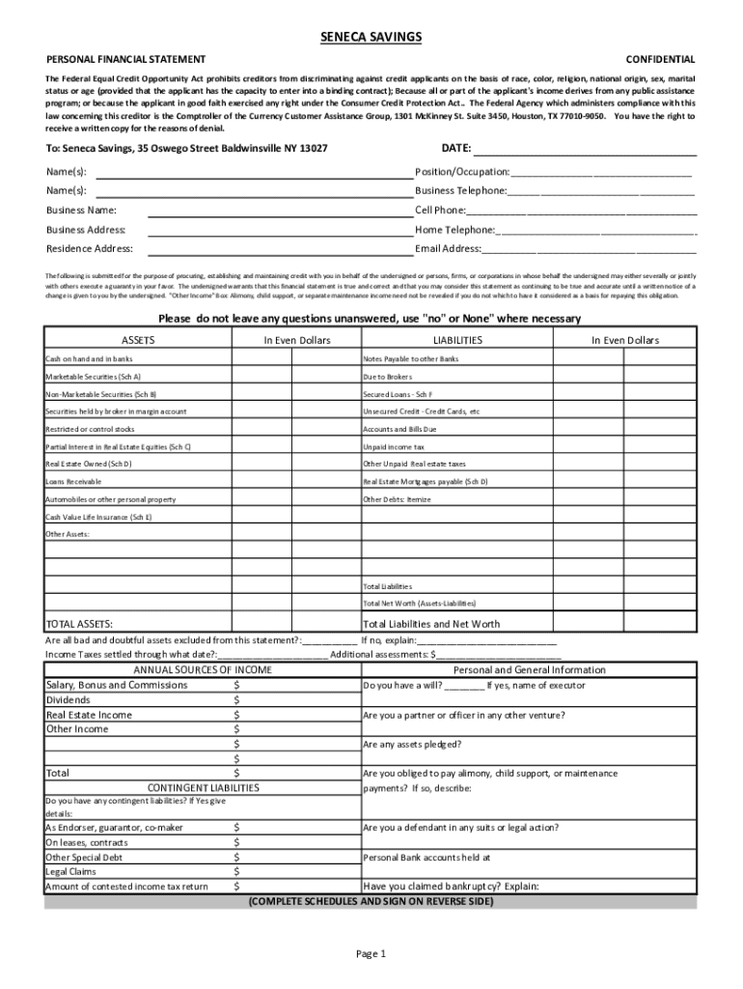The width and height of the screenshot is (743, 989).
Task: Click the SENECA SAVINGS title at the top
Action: point(371,37)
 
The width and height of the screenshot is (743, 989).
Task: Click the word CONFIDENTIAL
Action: point(660,60)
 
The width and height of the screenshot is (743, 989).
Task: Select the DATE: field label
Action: point(455,149)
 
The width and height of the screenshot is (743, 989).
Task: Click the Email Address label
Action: point(448,248)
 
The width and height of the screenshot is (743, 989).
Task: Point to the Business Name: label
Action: point(81,210)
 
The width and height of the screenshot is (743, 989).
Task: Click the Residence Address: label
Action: point(90,248)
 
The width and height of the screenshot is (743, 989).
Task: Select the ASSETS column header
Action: point(137,341)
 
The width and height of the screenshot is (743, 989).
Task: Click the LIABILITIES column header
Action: point(457,341)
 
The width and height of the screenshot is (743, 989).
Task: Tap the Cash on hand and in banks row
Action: point(89,359)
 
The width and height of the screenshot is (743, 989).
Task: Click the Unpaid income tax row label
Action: point(394,446)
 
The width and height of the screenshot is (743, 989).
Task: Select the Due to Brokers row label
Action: point(387,377)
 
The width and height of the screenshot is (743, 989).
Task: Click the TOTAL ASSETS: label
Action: point(87,624)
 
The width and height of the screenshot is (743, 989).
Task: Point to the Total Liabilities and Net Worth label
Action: point(431,624)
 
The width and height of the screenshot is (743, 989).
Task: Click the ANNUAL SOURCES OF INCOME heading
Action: point(203,669)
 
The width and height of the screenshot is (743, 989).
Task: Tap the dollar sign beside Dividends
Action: point(237,700)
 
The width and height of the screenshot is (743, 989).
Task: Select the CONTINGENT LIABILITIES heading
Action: point(203,788)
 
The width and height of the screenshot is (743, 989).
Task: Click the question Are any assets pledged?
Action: point(412,745)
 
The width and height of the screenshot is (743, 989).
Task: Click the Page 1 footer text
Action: point(371,954)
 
